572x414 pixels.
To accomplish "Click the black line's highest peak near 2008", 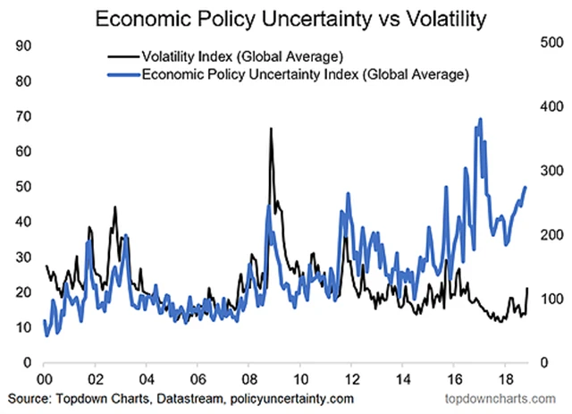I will [271, 129].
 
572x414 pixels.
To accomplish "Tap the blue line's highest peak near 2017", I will [481, 118].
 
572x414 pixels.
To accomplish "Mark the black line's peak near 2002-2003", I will [115, 207].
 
